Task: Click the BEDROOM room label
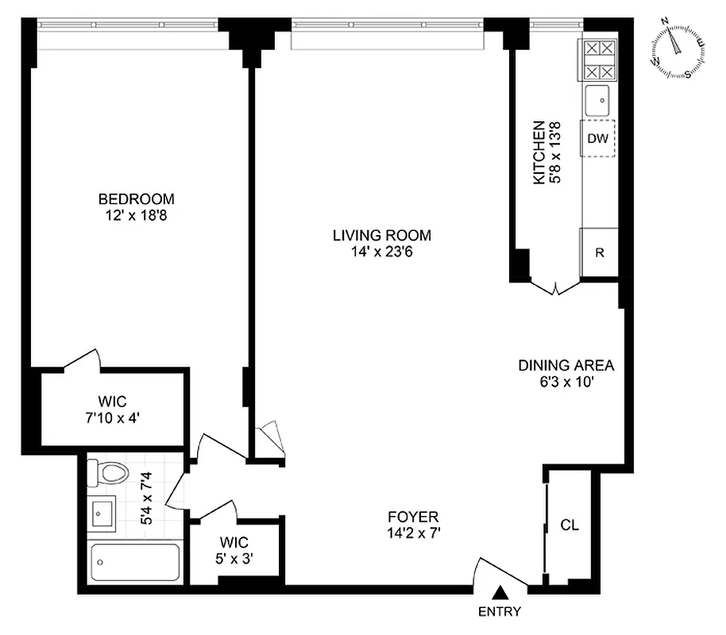(x=136, y=199)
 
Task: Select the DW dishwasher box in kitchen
(x=598, y=139)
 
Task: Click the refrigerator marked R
(x=600, y=253)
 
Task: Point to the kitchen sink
(x=600, y=100)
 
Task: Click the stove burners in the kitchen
(x=600, y=60)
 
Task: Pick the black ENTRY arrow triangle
(x=500, y=591)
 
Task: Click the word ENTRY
(x=500, y=611)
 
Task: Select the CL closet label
(x=570, y=525)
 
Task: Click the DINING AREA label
(x=566, y=366)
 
